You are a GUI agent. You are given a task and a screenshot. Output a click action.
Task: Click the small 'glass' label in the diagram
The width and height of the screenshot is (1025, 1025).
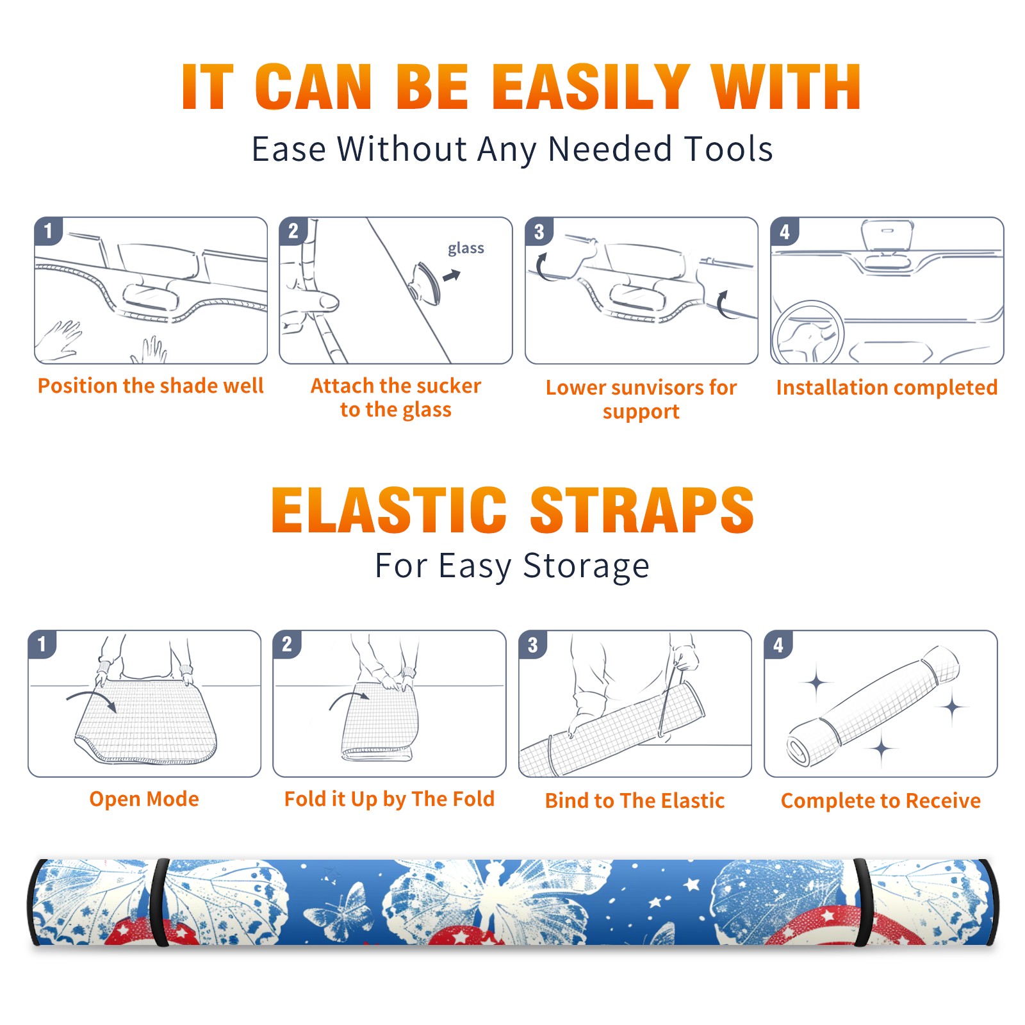click(466, 248)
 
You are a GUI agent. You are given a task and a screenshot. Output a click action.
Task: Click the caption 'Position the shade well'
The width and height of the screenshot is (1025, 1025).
click(151, 386)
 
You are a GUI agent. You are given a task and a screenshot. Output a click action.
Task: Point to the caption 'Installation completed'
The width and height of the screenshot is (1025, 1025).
click(887, 387)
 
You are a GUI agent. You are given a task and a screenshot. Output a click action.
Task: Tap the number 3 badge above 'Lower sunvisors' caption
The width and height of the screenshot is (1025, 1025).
click(539, 232)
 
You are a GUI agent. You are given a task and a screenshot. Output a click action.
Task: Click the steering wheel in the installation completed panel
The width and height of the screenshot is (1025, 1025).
click(807, 333)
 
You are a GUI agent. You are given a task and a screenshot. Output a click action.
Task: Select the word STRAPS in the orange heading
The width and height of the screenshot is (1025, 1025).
click(642, 510)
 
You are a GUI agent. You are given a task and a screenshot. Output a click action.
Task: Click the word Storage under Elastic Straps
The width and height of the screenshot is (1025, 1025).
click(586, 566)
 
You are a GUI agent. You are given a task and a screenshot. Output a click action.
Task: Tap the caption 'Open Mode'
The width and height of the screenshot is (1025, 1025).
click(144, 799)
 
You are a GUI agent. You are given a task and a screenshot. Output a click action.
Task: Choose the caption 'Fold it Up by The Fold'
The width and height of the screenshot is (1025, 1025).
click(389, 799)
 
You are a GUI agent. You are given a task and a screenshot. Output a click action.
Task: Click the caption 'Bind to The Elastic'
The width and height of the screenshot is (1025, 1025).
click(635, 801)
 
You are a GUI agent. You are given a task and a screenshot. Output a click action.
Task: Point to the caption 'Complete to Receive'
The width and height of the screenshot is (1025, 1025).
click(881, 801)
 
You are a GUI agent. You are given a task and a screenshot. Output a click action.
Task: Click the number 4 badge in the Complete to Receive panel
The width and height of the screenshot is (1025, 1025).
click(778, 645)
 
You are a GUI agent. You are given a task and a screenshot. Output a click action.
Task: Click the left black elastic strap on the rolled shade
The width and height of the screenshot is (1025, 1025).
click(159, 902)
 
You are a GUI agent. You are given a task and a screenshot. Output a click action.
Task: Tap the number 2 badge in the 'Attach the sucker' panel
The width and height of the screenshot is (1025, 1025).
click(293, 231)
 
